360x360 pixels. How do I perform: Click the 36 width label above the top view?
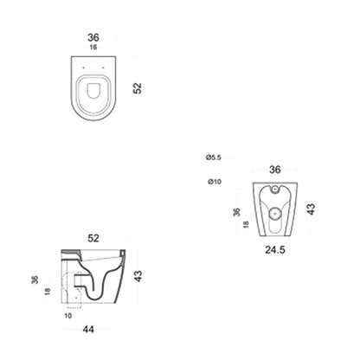coord(93,37)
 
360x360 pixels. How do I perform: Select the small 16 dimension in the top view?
coord(93,47)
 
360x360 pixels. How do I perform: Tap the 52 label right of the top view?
coord(138,88)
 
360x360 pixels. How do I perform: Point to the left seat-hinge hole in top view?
coord(83,67)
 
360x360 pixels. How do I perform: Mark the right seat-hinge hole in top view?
coord(103,67)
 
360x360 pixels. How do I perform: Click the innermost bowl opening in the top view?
coord(93,91)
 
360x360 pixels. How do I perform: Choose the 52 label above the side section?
coord(93,238)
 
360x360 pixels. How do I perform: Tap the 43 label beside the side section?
coord(138,276)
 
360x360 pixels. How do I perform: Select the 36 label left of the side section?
coord(35,280)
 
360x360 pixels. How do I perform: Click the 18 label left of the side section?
coord(48,292)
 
